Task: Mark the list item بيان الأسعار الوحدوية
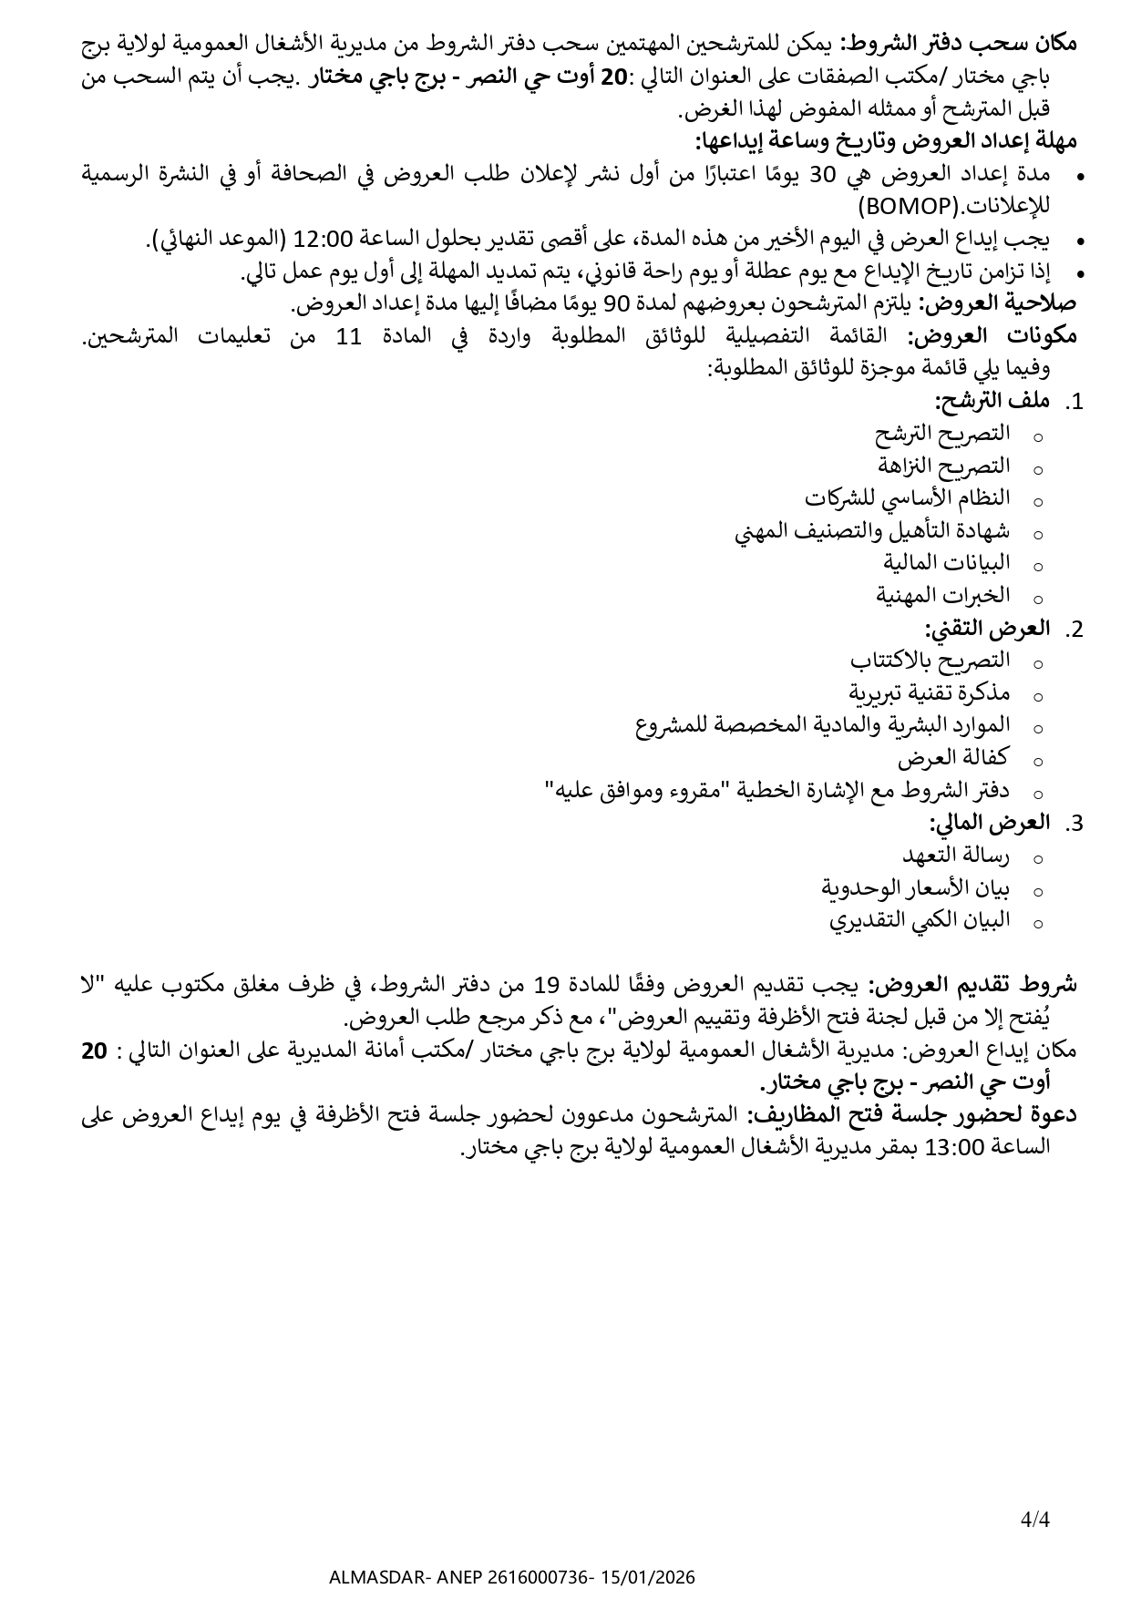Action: click(x=916, y=887)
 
